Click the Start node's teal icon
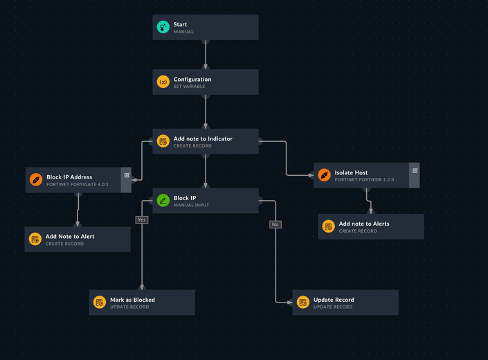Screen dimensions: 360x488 (163, 28)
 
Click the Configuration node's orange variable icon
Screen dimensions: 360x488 (163, 82)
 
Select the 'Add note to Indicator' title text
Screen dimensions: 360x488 (203, 138)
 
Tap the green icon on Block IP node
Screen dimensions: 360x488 (163, 201)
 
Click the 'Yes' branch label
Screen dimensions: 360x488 (142, 219)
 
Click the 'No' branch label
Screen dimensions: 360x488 (275, 224)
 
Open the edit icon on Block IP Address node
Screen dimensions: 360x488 (127, 175)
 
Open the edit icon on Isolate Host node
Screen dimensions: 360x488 (415, 170)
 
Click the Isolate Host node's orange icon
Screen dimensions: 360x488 (325, 176)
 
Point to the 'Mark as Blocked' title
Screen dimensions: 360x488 (132, 300)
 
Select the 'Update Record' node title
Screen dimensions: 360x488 (334, 300)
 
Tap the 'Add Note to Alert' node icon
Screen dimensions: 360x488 (36, 240)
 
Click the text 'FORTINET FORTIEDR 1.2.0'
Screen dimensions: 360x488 (364, 179)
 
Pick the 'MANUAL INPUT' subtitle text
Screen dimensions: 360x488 (192, 205)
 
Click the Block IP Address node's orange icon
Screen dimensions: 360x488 (36, 180)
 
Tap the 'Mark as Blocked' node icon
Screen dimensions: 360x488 (100, 303)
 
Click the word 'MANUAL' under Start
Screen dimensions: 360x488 (183, 32)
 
